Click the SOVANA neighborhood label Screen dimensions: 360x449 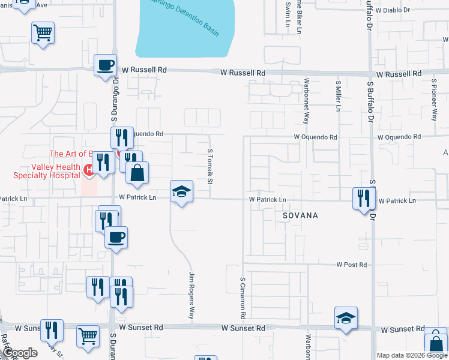[x=297, y=215]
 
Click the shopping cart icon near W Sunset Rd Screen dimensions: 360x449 [x=88, y=336]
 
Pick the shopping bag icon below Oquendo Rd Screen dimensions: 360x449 [x=137, y=173]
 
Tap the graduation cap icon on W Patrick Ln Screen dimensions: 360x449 [x=181, y=192]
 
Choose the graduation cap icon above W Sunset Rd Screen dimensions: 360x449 [x=346, y=318]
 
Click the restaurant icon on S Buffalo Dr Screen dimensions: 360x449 [x=363, y=198]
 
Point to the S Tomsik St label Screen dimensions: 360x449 [x=210, y=167]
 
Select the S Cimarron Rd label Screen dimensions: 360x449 [x=243, y=298]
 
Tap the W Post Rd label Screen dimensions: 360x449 [x=351, y=265]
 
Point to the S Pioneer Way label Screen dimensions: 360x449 [x=433, y=98]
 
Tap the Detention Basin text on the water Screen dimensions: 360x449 [x=192, y=19]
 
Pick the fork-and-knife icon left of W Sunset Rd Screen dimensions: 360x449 [x=52, y=331]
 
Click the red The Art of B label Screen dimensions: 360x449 [x=71, y=154]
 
